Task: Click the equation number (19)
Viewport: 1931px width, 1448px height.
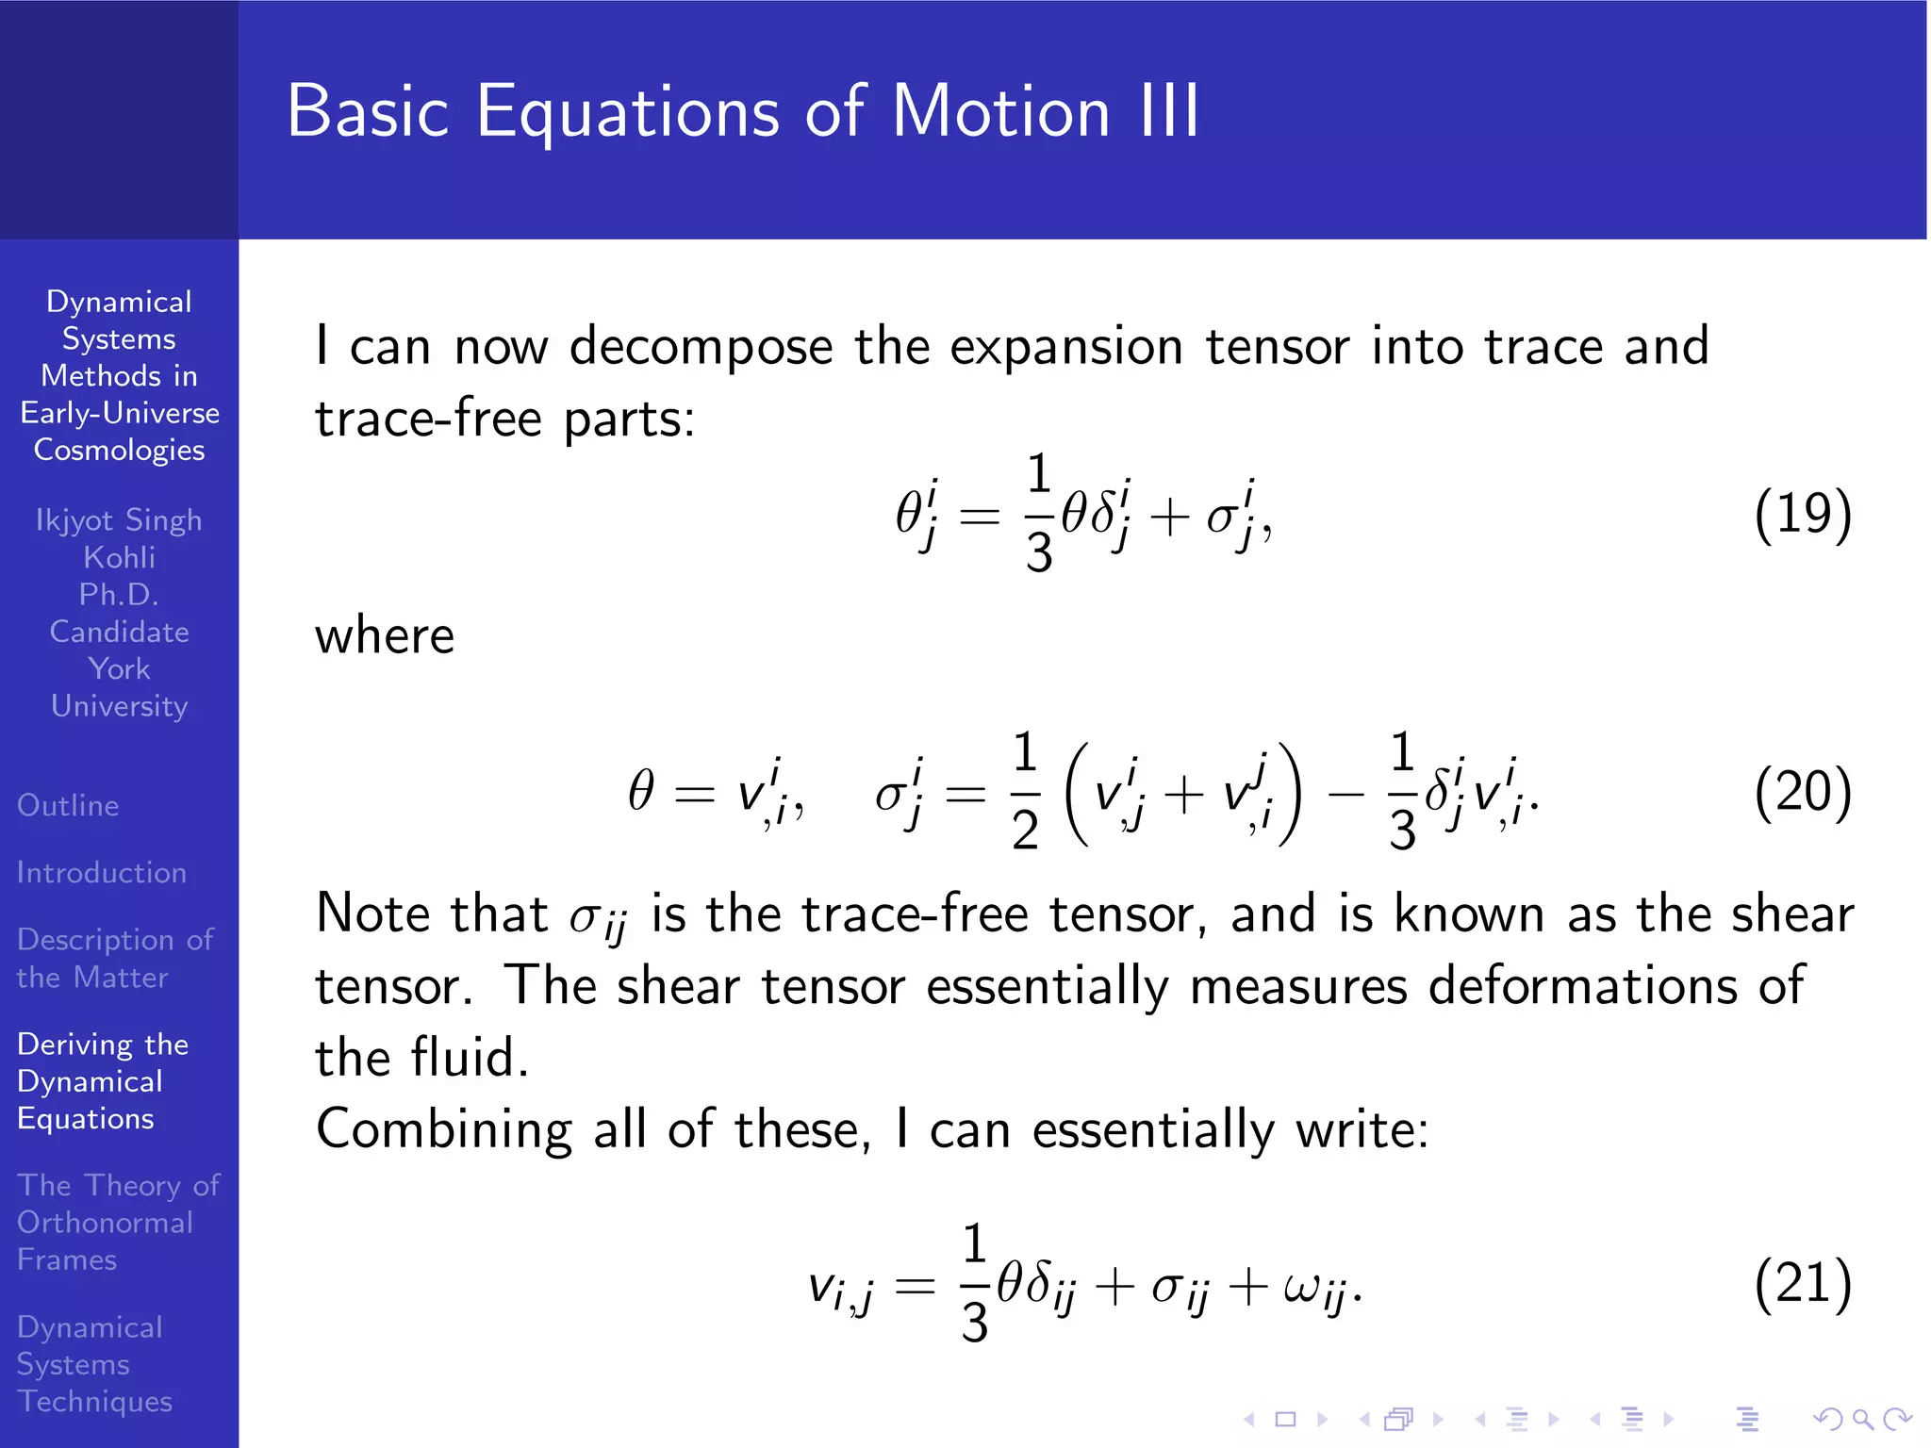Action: [x=1803, y=514]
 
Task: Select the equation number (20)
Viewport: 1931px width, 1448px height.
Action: [x=1803, y=792]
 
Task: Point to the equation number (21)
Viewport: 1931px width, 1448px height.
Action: [x=1803, y=1283]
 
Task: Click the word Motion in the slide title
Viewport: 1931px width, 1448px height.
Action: [x=1000, y=111]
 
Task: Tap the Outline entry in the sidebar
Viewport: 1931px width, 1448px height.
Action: [x=68, y=805]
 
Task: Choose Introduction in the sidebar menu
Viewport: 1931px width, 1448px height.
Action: [x=102, y=872]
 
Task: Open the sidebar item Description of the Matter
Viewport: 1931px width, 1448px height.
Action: [x=115, y=958]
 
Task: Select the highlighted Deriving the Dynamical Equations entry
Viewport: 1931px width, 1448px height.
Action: [x=102, y=1081]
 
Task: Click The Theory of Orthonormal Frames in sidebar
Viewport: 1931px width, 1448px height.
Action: [x=118, y=1222]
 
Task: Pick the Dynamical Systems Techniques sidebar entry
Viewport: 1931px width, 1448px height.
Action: [x=94, y=1363]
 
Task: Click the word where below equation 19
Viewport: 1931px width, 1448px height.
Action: [x=385, y=636]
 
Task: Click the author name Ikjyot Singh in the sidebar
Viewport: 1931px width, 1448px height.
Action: [x=119, y=519]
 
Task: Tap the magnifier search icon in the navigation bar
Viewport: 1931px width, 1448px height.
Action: [x=1862, y=1419]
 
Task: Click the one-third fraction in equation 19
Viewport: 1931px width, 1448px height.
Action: [x=1038, y=514]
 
